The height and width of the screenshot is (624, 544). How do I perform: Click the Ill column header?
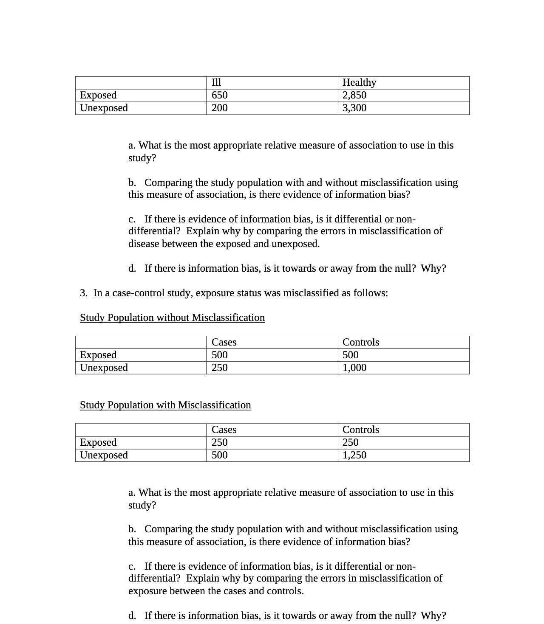pos(216,82)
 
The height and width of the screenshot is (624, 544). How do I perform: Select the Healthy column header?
pos(359,82)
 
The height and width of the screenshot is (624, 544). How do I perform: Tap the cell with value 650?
pos(220,95)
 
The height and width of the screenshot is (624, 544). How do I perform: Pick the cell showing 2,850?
pos(354,95)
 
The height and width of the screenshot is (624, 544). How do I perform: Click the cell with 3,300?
pos(354,108)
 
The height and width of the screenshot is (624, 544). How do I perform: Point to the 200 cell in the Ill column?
pos(220,108)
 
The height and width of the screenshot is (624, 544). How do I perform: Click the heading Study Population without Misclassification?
pos(172,318)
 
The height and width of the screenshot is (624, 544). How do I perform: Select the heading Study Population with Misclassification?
pos(165,405)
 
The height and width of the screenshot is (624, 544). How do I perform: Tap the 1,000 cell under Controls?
pos(354,368)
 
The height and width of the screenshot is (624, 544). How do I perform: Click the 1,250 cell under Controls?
pos(354,455)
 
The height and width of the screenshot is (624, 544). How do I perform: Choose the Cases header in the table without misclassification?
pos(224,342)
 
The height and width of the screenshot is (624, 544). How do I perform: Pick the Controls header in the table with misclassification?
pos(361,430)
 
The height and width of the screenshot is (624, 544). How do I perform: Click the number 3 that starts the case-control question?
pos(83,293)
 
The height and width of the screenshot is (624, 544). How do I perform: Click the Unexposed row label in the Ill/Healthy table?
pos(104,108)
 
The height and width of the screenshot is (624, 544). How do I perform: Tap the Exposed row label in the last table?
pos(98,442)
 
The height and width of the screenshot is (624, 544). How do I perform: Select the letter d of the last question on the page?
pos(131,616)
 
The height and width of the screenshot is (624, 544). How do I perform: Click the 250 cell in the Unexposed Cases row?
pos(220,368)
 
